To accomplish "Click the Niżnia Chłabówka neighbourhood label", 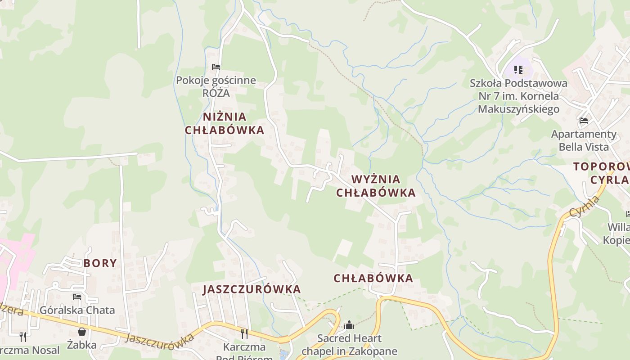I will [x=224, y=123].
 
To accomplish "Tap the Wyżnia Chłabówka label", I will [x=376, y=186].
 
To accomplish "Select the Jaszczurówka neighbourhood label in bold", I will [x=252, y=289].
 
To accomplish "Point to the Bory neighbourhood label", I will [x=100, y=263].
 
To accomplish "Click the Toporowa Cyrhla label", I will [x=602, y=173].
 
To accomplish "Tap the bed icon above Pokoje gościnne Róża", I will [x=216, y=67].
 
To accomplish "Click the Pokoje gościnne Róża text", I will [x=216, y=86].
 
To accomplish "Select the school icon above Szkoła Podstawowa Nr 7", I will [x=518, y=70].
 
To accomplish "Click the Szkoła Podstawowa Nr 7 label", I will [x=518, y=96].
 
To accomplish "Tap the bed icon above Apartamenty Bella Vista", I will [x=584, y=121].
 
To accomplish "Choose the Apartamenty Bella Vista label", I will [x=584, y=140].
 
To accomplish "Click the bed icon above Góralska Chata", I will [x=77, y=297].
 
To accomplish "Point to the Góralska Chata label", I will [x=77, y=310].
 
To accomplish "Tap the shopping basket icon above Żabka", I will [x=82, y=332].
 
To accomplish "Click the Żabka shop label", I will [x=82, y=345].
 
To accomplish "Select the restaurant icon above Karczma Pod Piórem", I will [x=244, y=333].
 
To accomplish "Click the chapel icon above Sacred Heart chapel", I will [x=349, y=325].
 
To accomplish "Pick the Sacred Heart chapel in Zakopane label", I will [x=349, y=345].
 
